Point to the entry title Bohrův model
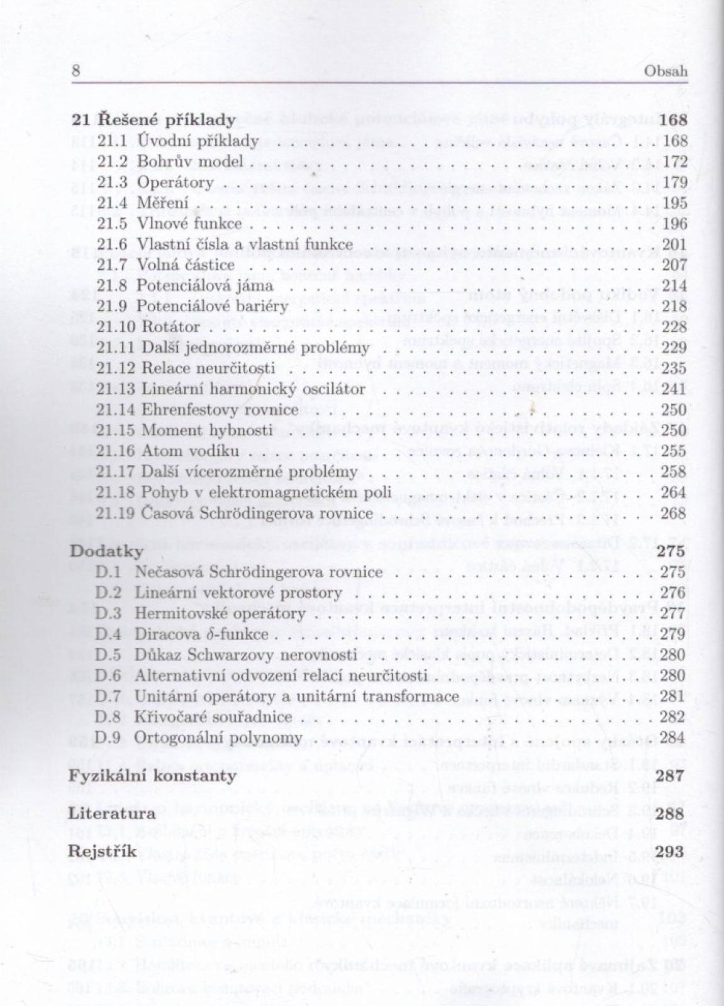190,162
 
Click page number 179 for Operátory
675,182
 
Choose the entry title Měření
162,203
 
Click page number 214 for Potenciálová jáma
675,285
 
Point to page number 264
675,492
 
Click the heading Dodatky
107,551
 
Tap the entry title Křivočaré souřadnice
214,717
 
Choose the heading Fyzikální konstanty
153,776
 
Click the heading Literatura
112,814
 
